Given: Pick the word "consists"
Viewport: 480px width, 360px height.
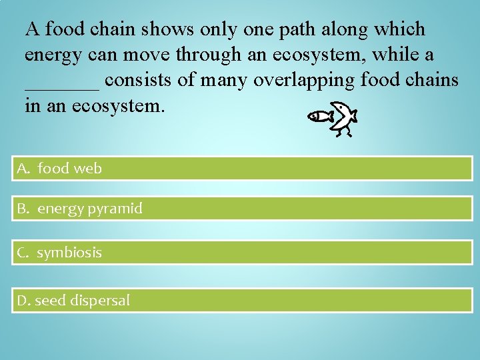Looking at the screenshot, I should click(x=141, y=80).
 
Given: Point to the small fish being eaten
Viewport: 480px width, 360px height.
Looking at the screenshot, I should click(x=321, y=117).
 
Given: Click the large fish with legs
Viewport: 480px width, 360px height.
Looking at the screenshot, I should click(x=344, y=117).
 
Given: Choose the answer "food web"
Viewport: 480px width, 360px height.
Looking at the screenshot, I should click(x=69, y=169).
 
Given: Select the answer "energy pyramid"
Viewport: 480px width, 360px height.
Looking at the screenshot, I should click(x=89, y=209).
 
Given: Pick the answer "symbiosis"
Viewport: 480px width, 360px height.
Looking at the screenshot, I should click(x=69, y=253).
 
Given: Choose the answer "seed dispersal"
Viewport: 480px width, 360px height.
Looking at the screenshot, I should click(x=82, y=301).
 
